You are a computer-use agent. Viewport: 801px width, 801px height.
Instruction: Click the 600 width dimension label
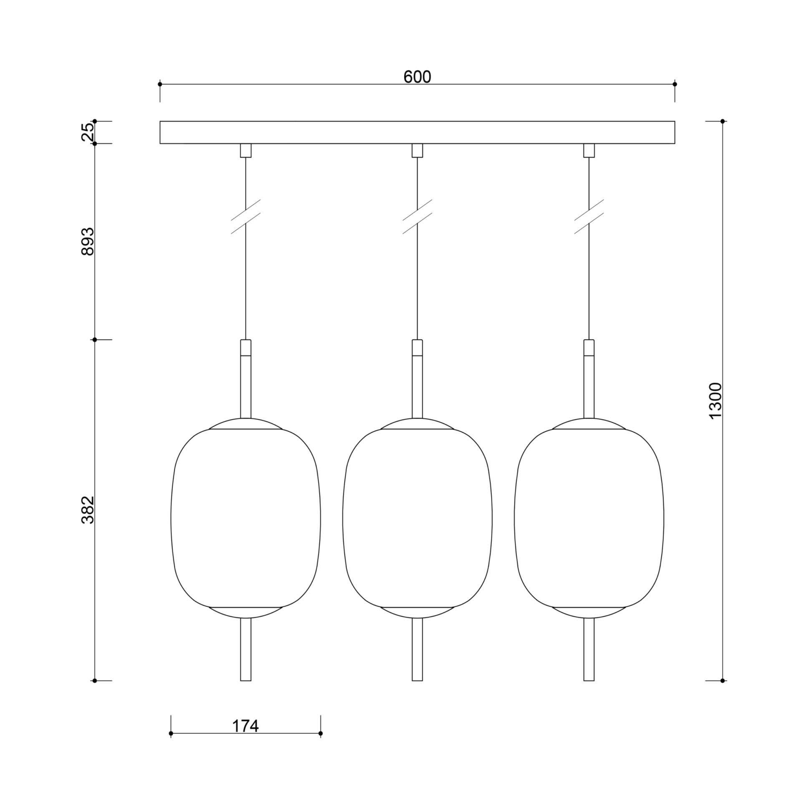tap(417, 77)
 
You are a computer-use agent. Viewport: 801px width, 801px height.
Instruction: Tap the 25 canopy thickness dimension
tap(88, 132)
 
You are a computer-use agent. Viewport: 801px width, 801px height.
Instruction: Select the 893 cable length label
tap(88, 242)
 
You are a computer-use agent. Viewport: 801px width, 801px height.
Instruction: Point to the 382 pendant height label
tap(88, 510)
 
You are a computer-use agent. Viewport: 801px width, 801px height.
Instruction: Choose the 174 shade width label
tap(245, 726)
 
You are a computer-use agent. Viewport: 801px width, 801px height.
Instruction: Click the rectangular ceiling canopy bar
tap(417, 132)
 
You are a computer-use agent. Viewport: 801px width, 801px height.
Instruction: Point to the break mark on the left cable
tap(246, 217)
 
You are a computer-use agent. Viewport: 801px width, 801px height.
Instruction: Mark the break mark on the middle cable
tap(417, 217)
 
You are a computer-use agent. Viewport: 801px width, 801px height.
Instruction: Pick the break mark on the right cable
tap(589, 217)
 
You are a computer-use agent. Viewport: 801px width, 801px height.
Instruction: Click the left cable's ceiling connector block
tap(246, 151)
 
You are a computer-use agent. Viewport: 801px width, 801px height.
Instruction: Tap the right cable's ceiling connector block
tap(589, 151)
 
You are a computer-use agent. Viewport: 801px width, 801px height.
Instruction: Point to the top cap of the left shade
tap(246, 424)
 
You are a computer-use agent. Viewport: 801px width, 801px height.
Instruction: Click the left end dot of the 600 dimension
tap(160, 84)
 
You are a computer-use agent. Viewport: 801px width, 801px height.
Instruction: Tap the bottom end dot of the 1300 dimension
tap(723, 680)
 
